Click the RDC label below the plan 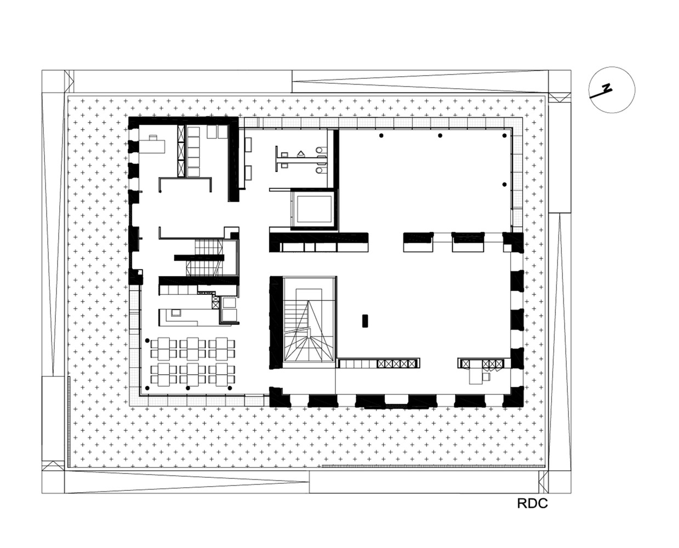tap(532, 504)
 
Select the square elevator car tap(313, 209)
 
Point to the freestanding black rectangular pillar tap(364, 321)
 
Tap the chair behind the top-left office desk tap(153, 138)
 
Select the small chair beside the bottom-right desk tap(486, 377)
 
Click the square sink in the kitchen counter tap(176, 312)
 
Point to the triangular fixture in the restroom tap(301, 153)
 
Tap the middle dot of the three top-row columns tap(440, 135)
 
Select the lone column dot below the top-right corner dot tap(504, 184)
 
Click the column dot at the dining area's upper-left tap(147, 340)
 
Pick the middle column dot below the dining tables tap(188, 388)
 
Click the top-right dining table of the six tap(221, 349)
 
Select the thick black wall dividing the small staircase tap(199, 258)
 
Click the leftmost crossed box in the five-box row tap(381, 363)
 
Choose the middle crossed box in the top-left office tap(181, 151)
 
